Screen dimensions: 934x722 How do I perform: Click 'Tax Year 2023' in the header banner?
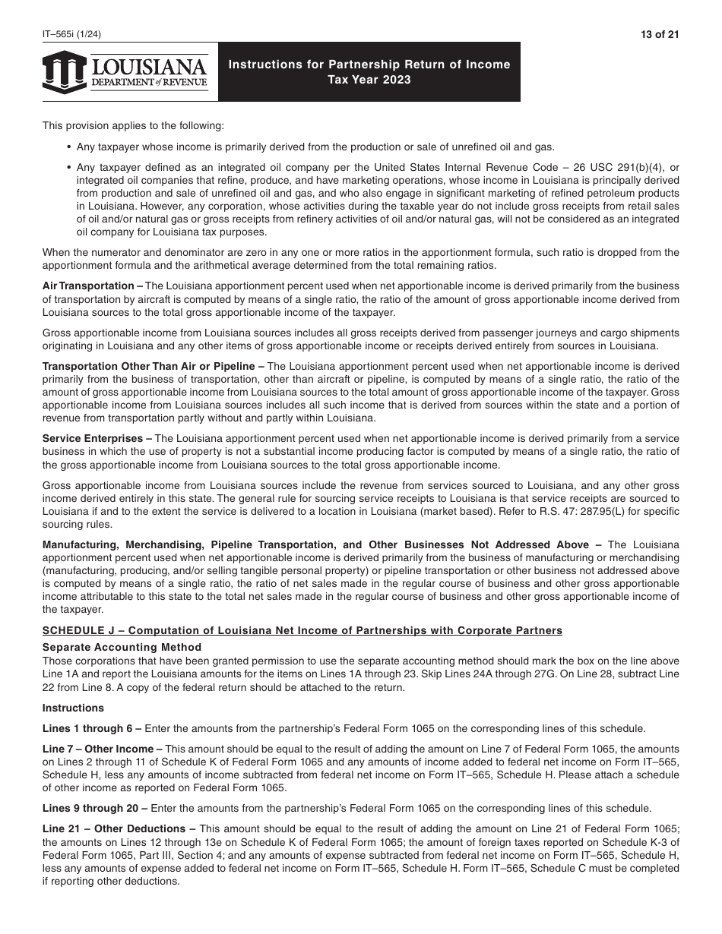pos(369,80)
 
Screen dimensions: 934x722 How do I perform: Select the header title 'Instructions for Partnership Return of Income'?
pos(369,65)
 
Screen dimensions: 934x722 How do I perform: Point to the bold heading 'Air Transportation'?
pos(88,286)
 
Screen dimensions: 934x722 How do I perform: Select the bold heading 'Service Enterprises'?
pos(93,439)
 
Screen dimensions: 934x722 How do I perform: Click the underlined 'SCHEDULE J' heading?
pos(302,630)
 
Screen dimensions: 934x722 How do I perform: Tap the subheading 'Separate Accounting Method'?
pos(122,647)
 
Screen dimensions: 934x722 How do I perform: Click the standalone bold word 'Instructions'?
pos(73,708)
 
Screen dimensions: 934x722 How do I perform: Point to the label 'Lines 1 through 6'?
pos(88,728)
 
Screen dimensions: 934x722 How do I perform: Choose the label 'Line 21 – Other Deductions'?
pos(114,828)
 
